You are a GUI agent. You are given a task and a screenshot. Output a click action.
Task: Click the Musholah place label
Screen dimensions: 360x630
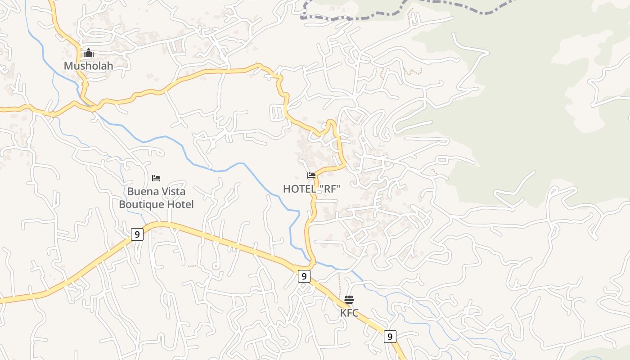point(88,66)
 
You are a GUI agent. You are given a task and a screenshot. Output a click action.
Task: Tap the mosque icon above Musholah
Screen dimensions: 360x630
point(88,54)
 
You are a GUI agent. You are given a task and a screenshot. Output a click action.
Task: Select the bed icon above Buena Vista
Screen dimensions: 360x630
point(156,178)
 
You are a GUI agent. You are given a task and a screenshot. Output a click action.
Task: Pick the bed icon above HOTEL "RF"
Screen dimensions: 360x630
point(311,175)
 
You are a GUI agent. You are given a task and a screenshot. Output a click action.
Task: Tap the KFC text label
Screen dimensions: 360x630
point(349,313)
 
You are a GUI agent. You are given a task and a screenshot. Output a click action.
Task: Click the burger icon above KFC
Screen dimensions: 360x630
point(349,300)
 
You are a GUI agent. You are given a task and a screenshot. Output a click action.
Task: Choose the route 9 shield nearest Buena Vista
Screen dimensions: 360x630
point(137,234)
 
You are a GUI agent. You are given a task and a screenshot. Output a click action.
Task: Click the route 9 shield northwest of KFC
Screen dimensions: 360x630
point(304,276)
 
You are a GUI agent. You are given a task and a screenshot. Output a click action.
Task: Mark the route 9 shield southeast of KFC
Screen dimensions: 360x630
point(390,336)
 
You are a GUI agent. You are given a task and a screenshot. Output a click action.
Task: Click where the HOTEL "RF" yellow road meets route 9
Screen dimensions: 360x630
point(312,263)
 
